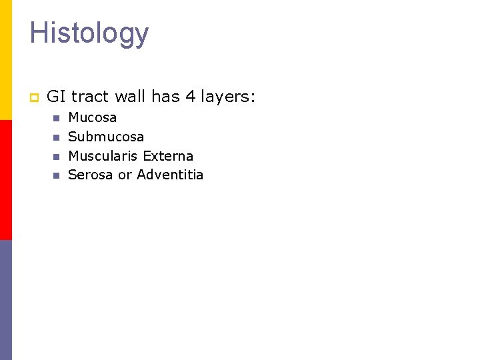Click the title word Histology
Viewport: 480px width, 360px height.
[89, 33]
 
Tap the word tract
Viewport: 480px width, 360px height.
[89, 97]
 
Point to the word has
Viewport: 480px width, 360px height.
[165, 97]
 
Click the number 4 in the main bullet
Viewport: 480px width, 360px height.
[190, 97]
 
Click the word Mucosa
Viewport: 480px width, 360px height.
[93, 117]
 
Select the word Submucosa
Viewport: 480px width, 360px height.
[106, 137]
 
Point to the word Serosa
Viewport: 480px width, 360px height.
[91, 175]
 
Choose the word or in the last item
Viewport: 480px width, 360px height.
[125, 175]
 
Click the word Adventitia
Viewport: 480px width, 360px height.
[170, 175]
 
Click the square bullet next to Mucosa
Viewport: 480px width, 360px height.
[56, 118]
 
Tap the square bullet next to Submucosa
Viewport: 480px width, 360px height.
[56, 137]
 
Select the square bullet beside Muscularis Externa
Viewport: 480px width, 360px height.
[56, 157]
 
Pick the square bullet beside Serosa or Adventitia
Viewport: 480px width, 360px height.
[56, 176]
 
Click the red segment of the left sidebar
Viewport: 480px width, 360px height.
[6, 180]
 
